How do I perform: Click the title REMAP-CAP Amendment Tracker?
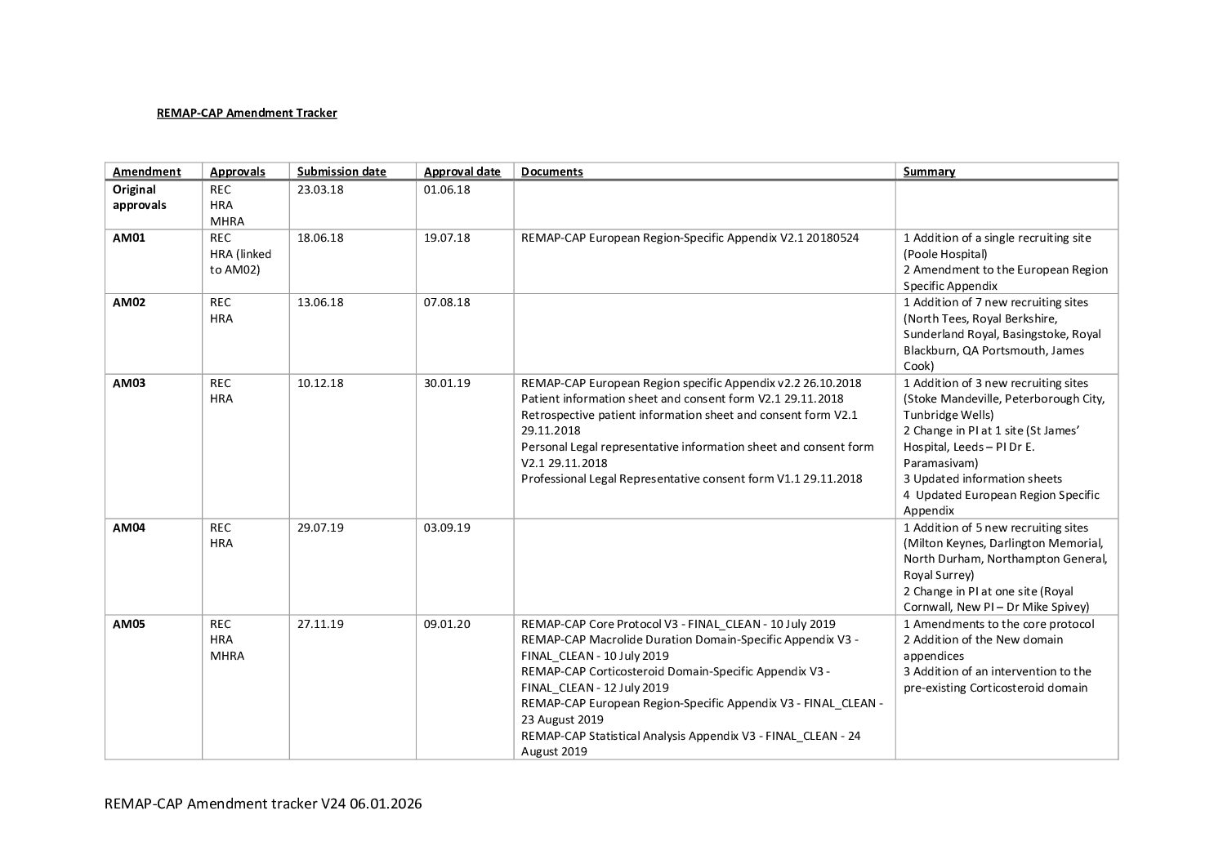point(247,113)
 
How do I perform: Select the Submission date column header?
point(341,171)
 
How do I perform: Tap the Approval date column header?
point(462,171)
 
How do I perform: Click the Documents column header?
point(552,171)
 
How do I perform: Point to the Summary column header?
point(929,171)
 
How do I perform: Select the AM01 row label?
point(129,238)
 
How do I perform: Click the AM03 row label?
point(129,383)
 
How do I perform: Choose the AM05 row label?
point(129,624)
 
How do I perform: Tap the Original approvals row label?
point(139,197)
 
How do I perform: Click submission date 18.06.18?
point(320,238)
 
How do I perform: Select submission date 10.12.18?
point(320,383)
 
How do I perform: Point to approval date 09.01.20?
point(447,624)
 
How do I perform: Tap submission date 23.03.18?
point(320,189)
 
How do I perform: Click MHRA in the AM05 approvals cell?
point(227,656)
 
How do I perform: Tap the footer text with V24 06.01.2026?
point(263,804)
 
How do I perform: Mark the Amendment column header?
point(147,171)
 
